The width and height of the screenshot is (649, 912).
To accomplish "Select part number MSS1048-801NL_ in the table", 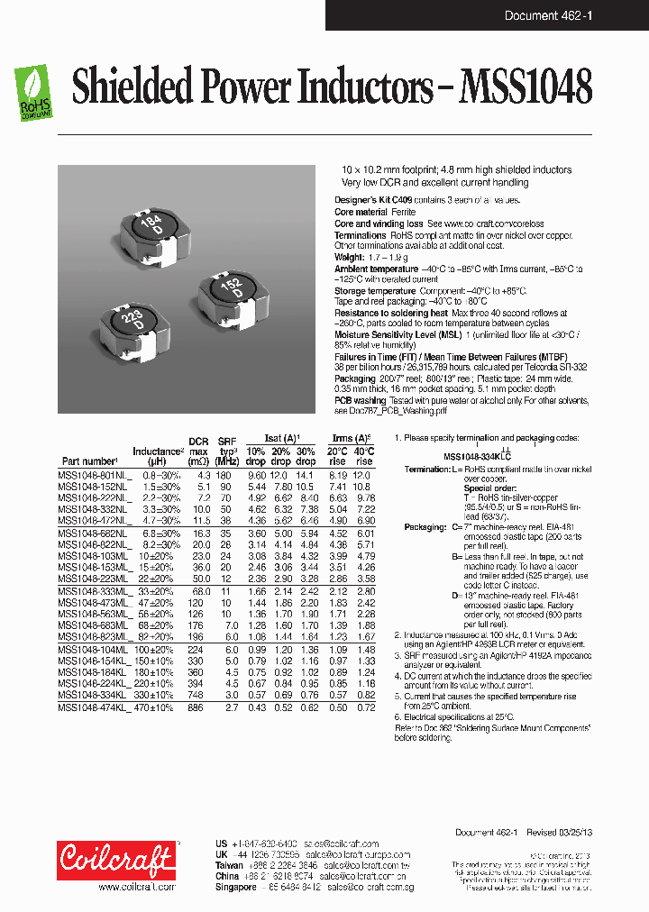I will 94,474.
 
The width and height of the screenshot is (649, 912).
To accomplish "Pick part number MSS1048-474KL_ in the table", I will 94,708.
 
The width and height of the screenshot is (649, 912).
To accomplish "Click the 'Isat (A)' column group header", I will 279,437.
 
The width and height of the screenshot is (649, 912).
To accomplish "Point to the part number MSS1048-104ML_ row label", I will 94,650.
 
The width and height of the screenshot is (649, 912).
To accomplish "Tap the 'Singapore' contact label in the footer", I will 237,887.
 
